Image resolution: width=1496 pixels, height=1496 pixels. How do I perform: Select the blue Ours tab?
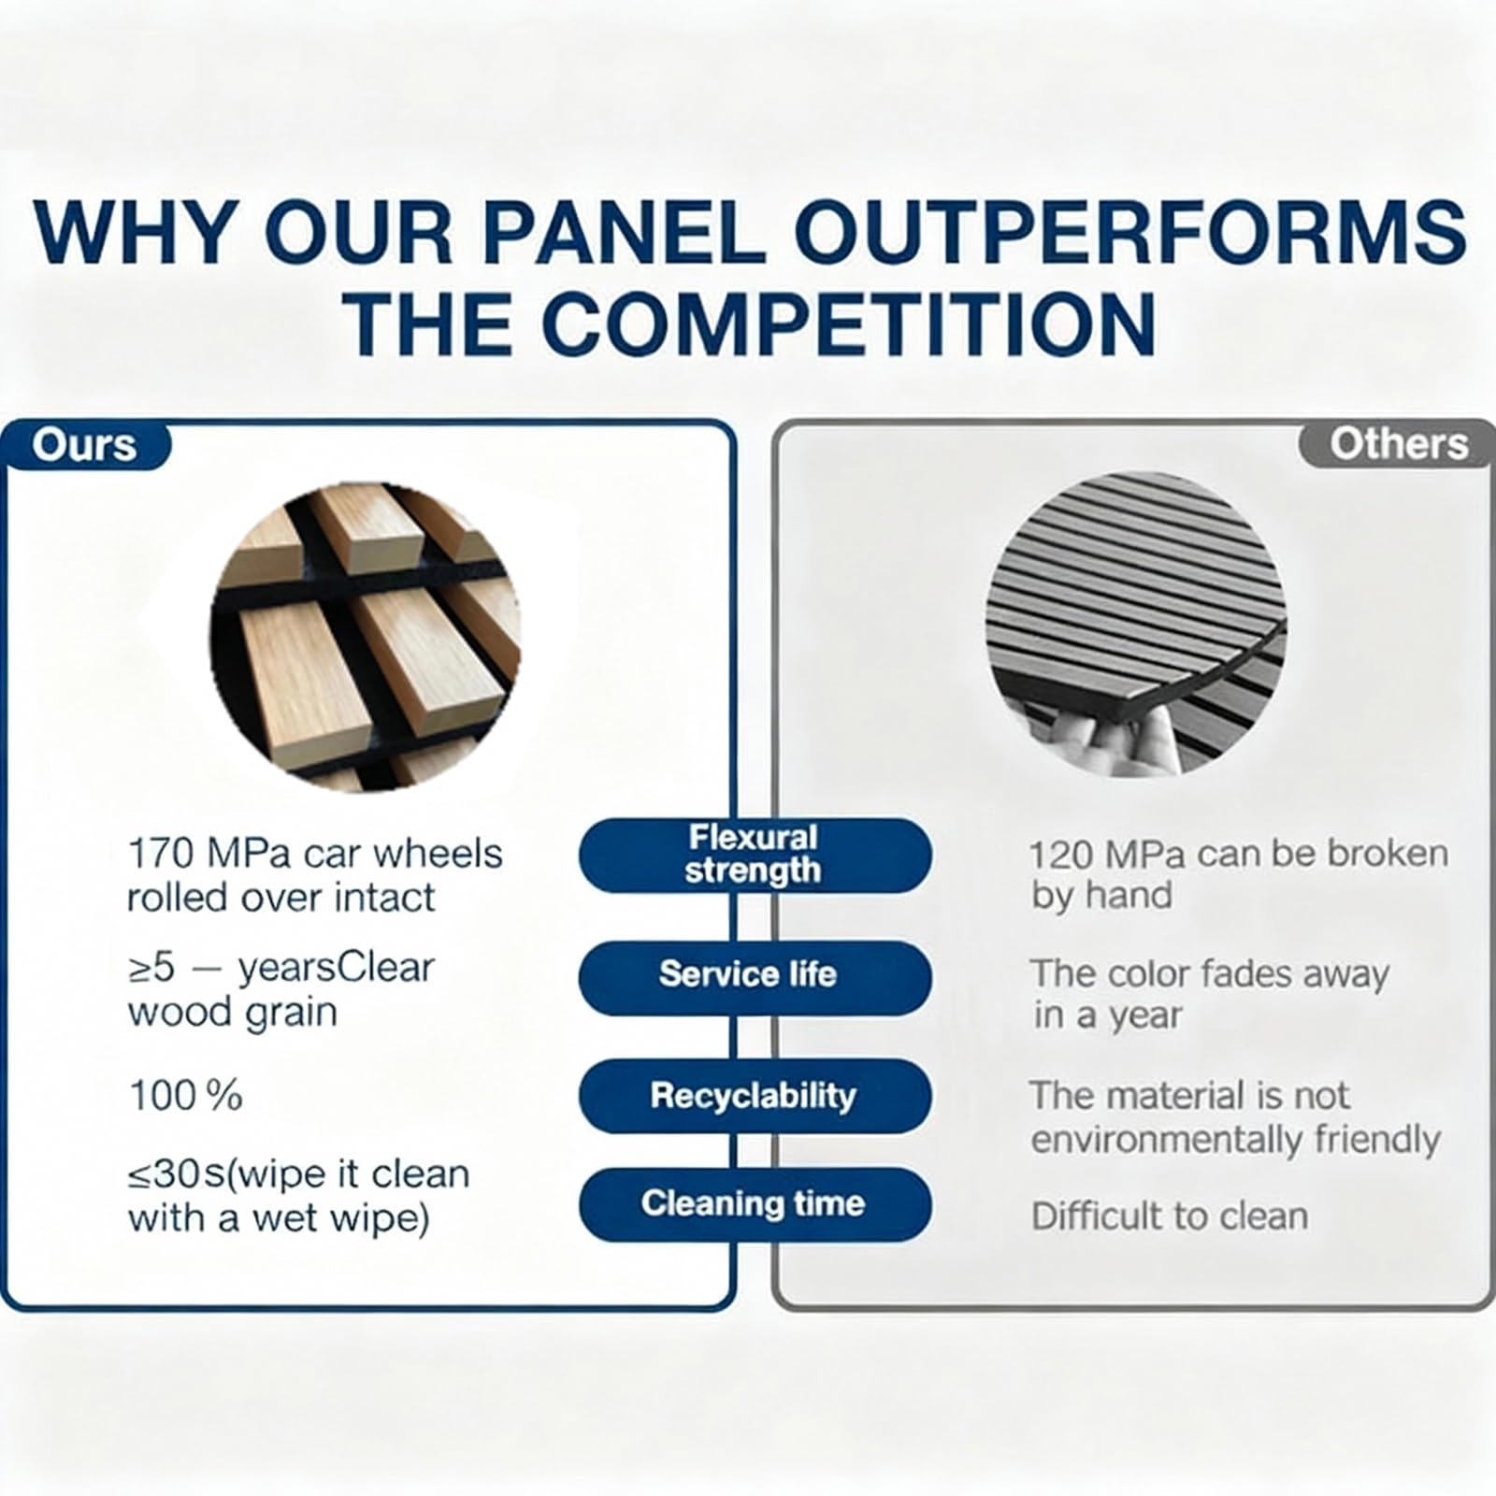85,445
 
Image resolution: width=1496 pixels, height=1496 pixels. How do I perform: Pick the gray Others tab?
1397,444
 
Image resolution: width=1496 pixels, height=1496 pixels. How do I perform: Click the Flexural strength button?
755,854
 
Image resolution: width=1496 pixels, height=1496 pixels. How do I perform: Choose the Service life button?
755,976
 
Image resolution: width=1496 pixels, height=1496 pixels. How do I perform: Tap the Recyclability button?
755,1096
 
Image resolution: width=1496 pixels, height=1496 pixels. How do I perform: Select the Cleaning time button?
755,1203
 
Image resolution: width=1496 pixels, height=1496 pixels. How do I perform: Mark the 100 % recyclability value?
185,1096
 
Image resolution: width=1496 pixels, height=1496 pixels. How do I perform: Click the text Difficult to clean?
1170,1216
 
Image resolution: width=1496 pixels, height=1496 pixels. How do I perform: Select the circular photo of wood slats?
366,637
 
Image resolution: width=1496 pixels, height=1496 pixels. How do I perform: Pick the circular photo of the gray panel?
1137,623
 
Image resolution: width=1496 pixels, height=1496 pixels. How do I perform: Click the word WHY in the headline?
132,231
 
